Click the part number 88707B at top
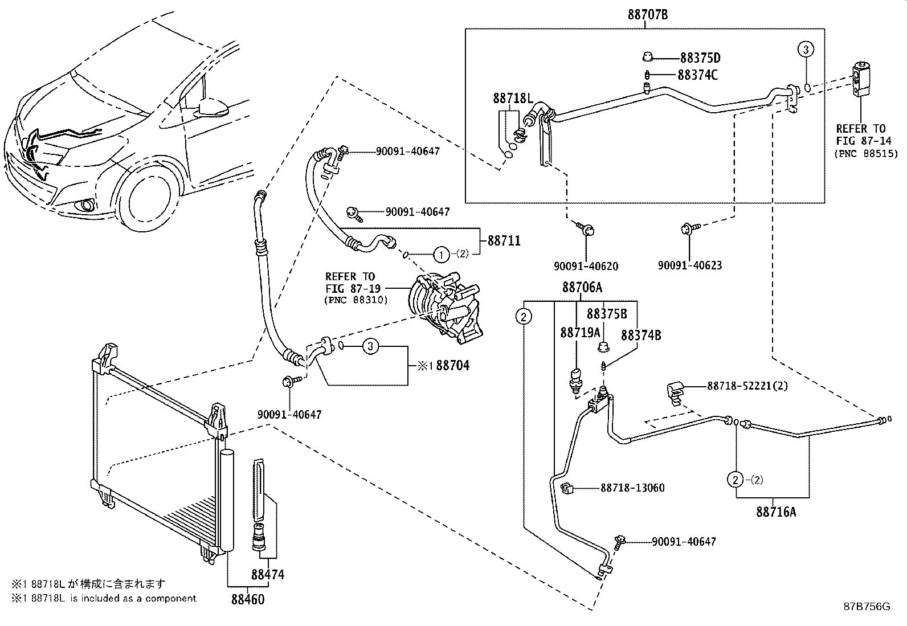tap(648, 15)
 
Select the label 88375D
tap(700, 58)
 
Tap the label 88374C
tap(697, 75)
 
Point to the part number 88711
tap(504, 241)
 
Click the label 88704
tap(452, 366)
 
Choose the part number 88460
tap(248, 599)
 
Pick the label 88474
tap(268, 575)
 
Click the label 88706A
tap(582, 288)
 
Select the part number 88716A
tap(776, 512)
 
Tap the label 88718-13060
tap(632, 488)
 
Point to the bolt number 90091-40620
tap(586, 266)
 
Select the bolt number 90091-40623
tap(689, 265)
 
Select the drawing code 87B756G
tap(867, 607)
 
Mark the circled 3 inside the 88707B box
tap(806, 50)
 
